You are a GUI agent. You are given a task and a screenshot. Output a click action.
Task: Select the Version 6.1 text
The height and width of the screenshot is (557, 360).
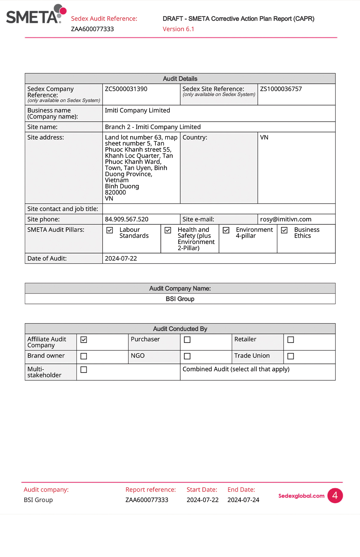pos(178,29)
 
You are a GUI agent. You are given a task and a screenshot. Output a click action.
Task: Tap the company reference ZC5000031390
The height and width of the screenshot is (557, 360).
pos(126,89)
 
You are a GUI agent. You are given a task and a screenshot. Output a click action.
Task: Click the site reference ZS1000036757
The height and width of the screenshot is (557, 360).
pos(281,89)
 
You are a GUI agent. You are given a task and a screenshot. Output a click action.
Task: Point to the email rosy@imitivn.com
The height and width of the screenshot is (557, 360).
pos(286,219)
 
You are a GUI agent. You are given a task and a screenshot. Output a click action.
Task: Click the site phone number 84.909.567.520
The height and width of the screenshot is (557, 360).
pos(126,219)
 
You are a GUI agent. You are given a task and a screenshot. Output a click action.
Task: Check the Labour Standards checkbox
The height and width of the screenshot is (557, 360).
pos(110,230)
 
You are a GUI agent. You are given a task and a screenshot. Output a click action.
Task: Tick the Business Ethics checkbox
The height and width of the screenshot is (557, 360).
pos(284,230)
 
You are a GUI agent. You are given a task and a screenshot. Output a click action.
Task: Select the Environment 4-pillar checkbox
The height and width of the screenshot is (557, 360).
pos(226,230)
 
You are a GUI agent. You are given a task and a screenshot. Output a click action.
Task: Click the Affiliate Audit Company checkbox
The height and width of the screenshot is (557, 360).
pos(84,340)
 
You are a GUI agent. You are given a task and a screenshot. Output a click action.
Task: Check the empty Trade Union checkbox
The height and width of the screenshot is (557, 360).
pos(291,356)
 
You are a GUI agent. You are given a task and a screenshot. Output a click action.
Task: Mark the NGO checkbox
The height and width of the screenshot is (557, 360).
pos(187,356)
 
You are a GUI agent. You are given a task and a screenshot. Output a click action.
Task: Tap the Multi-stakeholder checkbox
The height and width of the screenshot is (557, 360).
pos(84,370)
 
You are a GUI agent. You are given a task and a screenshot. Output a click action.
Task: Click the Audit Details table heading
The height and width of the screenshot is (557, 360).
pos(180,79)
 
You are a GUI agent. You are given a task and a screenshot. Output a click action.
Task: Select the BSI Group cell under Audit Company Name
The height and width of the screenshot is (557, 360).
pos(180,299)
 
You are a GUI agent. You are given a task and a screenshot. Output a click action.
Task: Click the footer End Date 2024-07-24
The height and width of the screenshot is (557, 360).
pos(243,500)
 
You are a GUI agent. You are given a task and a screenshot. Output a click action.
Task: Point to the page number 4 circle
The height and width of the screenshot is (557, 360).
pos(335,496)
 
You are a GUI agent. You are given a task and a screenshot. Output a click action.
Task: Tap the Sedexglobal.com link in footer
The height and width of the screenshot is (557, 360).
pos(301,496)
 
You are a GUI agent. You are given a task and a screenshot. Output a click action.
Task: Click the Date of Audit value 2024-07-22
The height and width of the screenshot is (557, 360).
pos(121,259)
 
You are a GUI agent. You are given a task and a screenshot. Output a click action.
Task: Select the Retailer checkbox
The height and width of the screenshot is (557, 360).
pos(291,340)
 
